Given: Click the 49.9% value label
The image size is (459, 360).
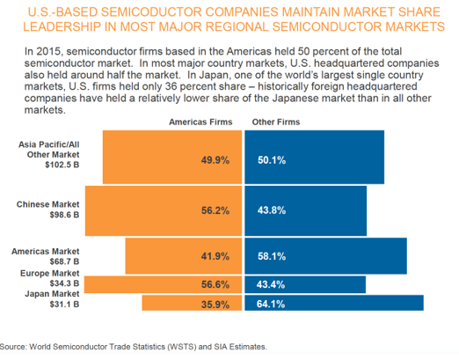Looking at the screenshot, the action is [215, 160].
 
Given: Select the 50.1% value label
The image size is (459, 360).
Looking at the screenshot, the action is [272, 160].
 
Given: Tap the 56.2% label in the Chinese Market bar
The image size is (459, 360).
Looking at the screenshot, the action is [215, 210].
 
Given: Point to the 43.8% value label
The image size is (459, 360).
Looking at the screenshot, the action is [272, 210].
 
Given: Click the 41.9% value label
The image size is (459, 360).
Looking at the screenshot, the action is [215, 256].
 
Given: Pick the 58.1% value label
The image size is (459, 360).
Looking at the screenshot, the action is [272, 256].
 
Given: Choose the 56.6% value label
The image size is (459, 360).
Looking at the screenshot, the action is [215, 284].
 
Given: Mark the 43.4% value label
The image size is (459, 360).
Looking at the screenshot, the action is [271, 284].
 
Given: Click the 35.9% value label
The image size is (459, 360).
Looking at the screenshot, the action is [215, 305].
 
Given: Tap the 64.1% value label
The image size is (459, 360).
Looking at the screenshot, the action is [271, 305].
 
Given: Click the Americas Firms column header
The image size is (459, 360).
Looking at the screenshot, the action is [200, 122].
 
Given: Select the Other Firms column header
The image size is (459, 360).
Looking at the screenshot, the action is [276, 122].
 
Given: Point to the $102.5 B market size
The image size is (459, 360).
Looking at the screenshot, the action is [62, 165].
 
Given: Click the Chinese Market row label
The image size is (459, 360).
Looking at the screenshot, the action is [47, 204].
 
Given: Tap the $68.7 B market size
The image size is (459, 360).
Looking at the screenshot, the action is [64, 261].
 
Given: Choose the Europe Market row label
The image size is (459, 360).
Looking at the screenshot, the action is [50, 274].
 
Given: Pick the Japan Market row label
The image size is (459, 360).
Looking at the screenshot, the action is [52, 294].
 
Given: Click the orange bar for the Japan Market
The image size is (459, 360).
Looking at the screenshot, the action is [192, 303].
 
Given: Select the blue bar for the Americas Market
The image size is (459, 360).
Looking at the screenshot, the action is [325, 256].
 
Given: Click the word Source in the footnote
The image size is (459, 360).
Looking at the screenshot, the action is [13, 347].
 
